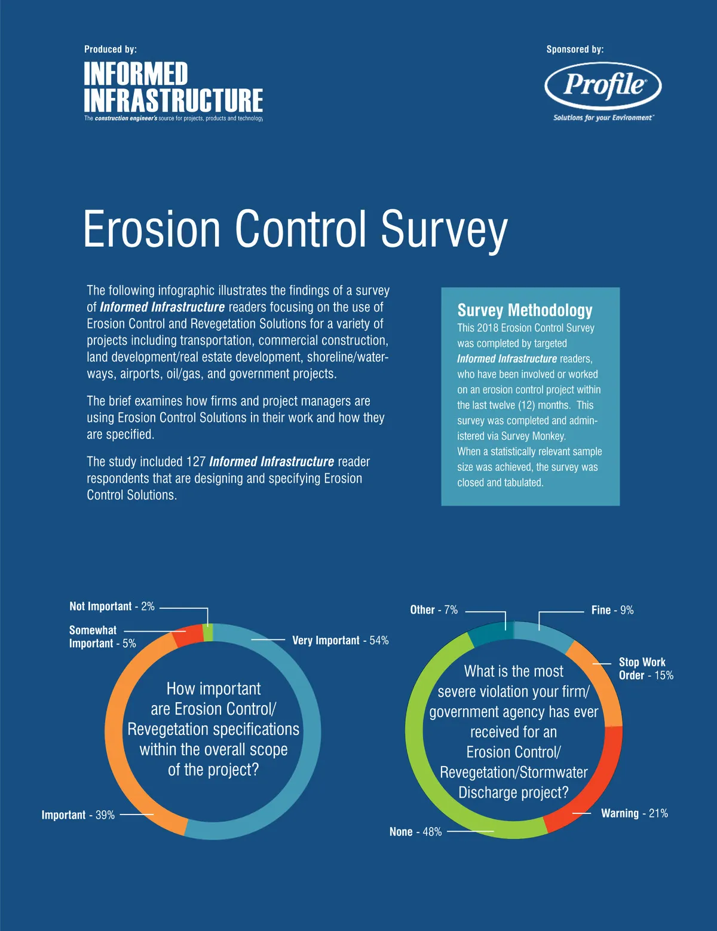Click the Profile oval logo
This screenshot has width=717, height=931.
[x=603, y=85]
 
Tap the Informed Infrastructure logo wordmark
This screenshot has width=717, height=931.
[x=173, y=88]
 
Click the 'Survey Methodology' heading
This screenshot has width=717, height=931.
[x=525, y=310]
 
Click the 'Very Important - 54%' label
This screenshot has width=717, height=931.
[x=340, y=641]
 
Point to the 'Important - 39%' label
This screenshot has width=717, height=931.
[x=78, y=815]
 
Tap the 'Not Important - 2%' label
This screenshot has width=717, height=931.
[x=112, y=607]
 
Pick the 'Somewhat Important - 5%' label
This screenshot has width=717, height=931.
[x=102, y=637]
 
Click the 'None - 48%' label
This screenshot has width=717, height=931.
[x=415, y=832]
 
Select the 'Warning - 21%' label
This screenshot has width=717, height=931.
[x=634, y=813]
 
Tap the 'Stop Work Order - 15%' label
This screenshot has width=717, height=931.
[x=646, y=669]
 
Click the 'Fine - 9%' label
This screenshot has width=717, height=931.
[x=612, y=610]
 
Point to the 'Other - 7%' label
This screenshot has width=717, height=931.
[x=434, y=610]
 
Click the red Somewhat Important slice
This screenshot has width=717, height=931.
[x=188, y=636]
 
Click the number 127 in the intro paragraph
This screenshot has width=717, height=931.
[x=196, y=462]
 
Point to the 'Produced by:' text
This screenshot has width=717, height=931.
[x=111, y=50]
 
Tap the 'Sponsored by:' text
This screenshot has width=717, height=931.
[x=575, y=50]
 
